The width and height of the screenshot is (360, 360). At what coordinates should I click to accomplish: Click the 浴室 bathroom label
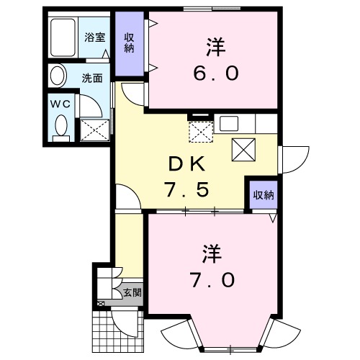tap(95, 38)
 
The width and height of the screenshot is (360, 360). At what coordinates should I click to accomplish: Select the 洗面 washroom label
tap(91, 77)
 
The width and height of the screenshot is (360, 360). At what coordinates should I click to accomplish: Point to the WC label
tap(60, 104)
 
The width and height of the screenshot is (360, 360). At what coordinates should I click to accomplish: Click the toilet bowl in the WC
tap(60, 127)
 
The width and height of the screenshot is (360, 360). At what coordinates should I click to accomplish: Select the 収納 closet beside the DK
tap(263, 194)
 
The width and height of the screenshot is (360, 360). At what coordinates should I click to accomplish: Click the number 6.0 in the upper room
tap(215, 73)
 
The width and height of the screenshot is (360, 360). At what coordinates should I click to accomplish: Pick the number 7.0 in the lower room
tap(214, 279)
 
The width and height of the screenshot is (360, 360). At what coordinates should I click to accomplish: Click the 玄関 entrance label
tap(132, 293)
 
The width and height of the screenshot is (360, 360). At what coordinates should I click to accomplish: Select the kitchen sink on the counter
tap(232, 123)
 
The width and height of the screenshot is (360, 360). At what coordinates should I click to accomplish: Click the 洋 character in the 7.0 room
tap(210, 253)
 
